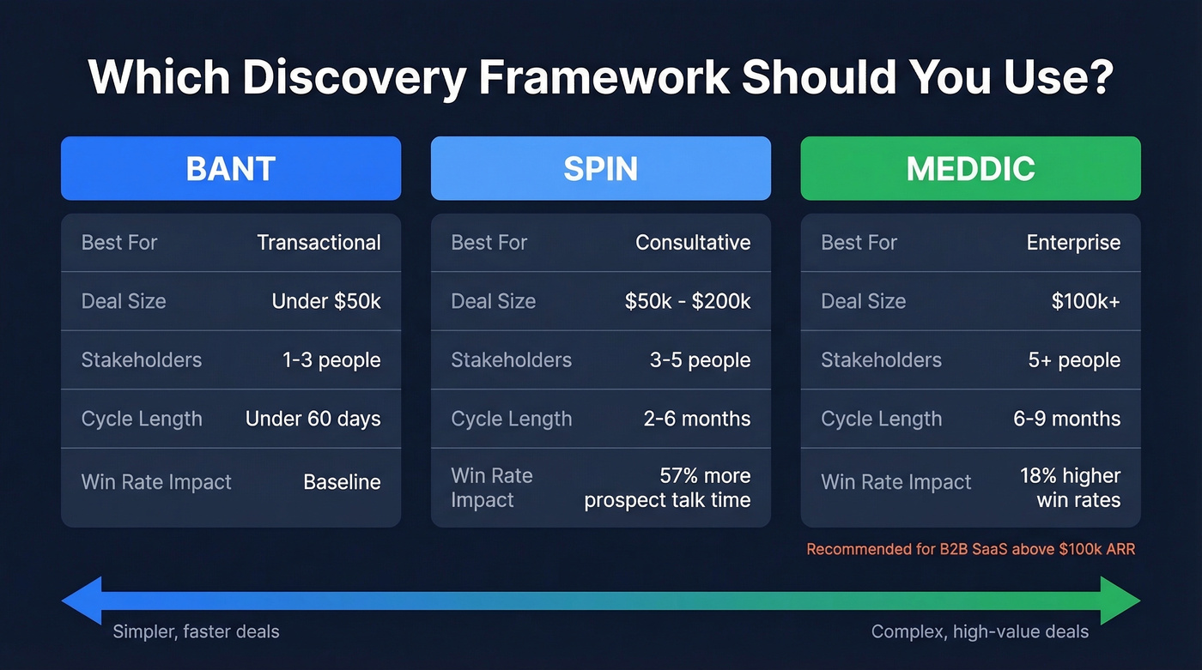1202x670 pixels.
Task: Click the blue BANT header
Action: coord(230,168)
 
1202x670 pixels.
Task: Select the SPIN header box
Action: coord(600,168)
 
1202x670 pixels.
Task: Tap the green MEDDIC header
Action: coord(970,168)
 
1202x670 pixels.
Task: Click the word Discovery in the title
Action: coord(353,77)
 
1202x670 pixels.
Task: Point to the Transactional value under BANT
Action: coord(319,243)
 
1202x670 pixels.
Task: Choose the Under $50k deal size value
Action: coord(326,301)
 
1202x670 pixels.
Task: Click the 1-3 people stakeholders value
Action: coord(331,360)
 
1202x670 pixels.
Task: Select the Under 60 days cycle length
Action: coord(313,419)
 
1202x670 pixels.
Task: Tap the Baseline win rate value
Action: coord(342,482)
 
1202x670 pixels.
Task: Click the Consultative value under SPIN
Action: coord(692,243)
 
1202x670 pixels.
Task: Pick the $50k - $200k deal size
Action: coord(687,301)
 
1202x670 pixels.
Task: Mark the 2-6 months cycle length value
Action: coord(696,419)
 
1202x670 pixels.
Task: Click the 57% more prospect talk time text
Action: coord(667,488)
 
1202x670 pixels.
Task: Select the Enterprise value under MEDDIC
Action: coord(1073,243)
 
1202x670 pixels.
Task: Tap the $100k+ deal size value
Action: coord(1085,301)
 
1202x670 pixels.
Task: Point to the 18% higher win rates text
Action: coord(1070,488)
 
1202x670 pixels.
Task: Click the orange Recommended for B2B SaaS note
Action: coord(970,549)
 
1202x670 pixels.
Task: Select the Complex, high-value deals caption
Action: coord(980,632)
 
